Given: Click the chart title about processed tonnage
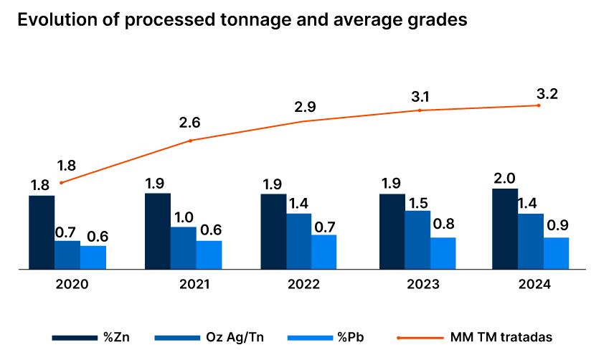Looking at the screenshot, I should pyautogui.click(x=242, y=20).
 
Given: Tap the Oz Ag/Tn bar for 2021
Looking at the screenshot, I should pyautogui.click(x=183, y=247).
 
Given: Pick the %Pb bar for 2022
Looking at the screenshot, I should pyautogui.click(x=323, y=251).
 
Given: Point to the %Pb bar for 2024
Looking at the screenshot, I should pyautogui.click(x=556, y=252).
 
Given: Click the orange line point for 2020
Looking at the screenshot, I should pyautogui.click(x=61, y=183).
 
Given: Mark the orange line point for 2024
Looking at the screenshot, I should pyautogui.click(x=538, y=105).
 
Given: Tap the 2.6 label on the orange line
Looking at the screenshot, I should pyautogui.click(x=189, y=123).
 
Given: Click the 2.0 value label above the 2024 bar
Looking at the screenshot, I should pyautogui.click(x=505, y=178).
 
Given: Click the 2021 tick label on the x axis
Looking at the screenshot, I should pyautogui.click(x=194, y=284).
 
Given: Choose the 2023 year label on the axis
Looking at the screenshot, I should pyautogui.click(x=423, y=284).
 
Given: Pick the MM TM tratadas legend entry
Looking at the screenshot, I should pyautogui.click(x=474, y=336).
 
